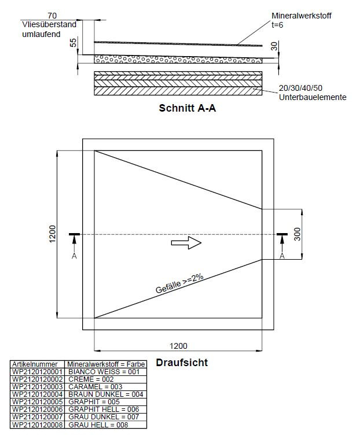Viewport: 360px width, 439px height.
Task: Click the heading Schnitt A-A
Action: click(x=187, y=108)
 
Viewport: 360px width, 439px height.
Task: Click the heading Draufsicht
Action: click(x=182, y=363)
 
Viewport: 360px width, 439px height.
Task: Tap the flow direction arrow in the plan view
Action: click(x=186, y=242)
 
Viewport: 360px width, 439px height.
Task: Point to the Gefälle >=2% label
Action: click(x=179, y=283)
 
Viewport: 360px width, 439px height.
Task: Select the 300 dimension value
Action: click(x=297, y=234)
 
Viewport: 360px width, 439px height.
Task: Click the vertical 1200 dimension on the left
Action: click(x=53, y=234)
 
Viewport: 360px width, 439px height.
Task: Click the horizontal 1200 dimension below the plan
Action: click(x=178, y=346)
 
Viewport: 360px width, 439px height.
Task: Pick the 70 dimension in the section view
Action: click(x=52, y=16)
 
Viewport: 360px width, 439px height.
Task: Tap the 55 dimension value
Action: click(x=73, y=43)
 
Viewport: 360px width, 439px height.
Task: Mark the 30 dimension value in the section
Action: click(x=274, y=46)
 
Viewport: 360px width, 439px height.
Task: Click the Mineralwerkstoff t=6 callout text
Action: click(x=302, y=20)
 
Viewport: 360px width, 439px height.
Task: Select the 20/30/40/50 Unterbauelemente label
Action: click(x=313, y=93)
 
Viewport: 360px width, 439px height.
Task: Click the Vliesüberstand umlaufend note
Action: click(x=49, y=29)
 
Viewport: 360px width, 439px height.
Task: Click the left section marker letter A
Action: click(x=74, y=256)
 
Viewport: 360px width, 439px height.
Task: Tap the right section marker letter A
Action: click(x=282, y=256)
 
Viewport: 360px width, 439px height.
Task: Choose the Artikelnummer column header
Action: click(x=35, y=364)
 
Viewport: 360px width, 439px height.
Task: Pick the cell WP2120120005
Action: click(x=37, y=402)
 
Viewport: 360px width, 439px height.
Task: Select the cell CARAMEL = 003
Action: click(x=95, y=387)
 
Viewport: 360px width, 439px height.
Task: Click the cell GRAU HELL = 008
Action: click(x=98, y=425)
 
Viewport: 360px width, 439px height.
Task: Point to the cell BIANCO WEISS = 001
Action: click(x=104, y=372)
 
